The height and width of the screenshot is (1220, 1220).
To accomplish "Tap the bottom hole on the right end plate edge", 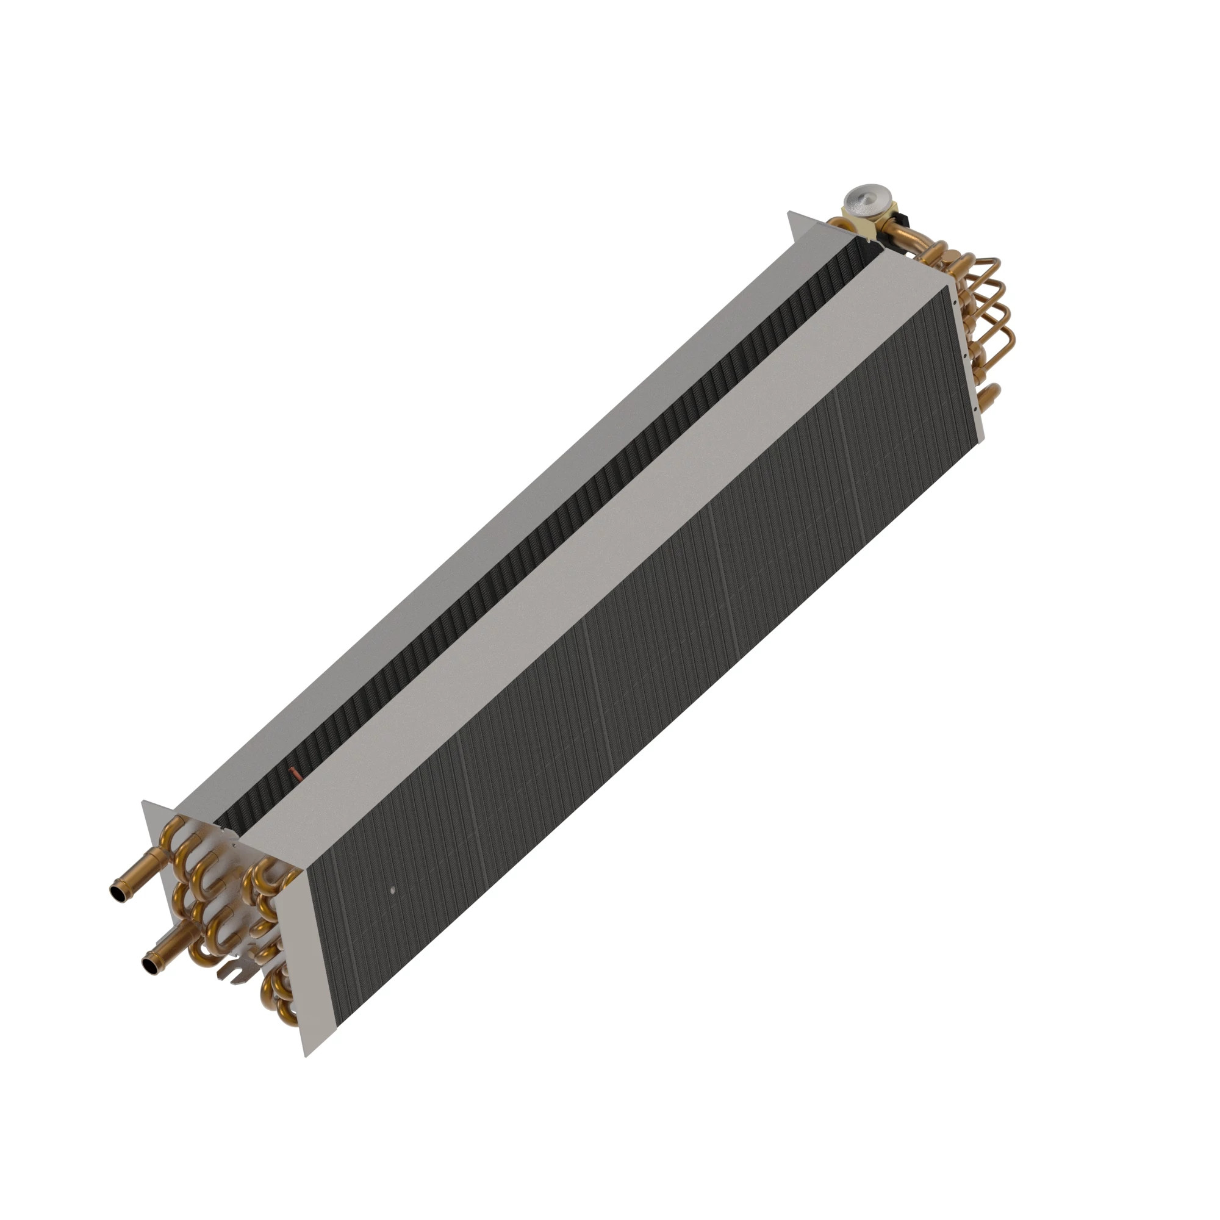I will click(975, 409).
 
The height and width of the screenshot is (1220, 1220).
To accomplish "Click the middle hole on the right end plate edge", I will click(966, 356).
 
